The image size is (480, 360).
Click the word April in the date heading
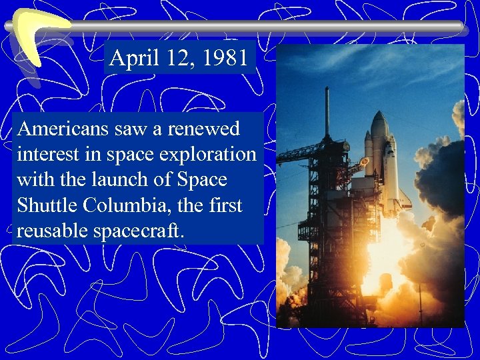pyautogui.click(x=131, y=59)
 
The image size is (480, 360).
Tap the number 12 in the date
pyautogui.click(x=177, y=59)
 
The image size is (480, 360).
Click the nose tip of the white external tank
pyautogui.click(x=379, y=114)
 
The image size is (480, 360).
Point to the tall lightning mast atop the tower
pyautogui.click(x=327, y=110)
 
